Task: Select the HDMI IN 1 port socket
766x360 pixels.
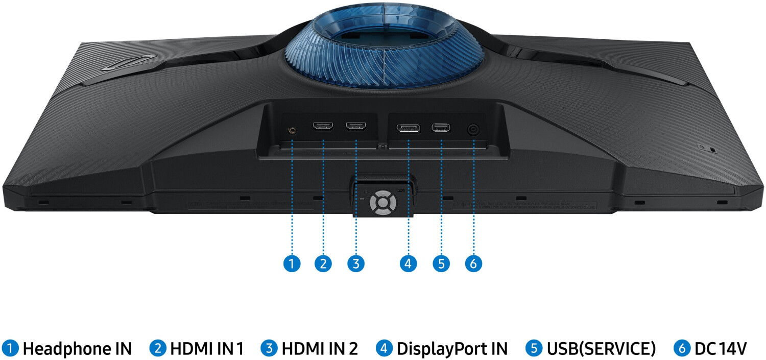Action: tap(323, 126)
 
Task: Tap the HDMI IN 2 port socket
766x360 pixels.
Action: tap(355, 126)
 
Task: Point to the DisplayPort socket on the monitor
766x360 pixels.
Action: tap(409, 128)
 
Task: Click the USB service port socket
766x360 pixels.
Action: tap(441, 128)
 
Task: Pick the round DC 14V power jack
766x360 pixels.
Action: tap(474, 130)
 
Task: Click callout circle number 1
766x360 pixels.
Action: tap(292, 263)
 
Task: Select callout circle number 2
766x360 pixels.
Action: tap(323, 263)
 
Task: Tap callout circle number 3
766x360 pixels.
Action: tap(355, 263)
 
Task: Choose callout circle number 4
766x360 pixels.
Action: tap(409, 263)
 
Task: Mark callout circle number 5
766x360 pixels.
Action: tap(441, 263)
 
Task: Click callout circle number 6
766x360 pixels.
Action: tap(474, 263)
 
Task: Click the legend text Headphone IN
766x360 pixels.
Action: tap(77, 349)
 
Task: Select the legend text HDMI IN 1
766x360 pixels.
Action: tap(206, 349)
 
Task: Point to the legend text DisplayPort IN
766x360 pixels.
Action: tap(452, 349)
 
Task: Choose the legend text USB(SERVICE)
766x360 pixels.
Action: tap(601, 349)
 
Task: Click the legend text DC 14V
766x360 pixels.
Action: tap(721, 349)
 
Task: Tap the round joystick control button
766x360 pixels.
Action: tap(382, 202)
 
